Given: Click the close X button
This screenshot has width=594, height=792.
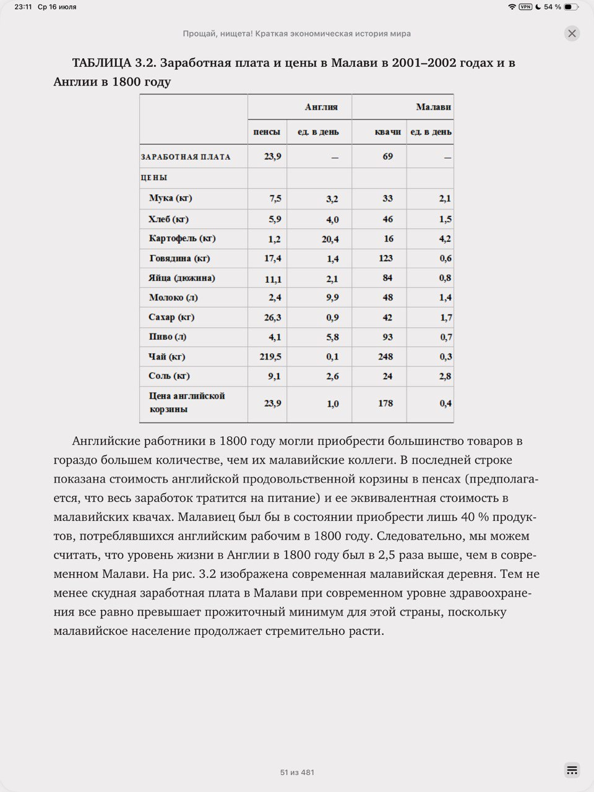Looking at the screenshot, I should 572,33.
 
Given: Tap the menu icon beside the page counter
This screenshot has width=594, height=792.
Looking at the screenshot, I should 572,770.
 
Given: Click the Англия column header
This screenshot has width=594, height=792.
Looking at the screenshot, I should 321,107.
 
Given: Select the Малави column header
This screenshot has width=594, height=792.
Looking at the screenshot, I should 433,107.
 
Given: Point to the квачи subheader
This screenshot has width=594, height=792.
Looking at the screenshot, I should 388,132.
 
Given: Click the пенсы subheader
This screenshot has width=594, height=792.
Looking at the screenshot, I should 267,132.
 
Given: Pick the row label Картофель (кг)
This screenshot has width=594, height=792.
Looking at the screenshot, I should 182,238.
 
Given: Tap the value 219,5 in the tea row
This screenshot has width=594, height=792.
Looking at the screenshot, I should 270,356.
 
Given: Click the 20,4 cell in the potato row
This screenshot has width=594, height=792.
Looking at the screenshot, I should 330,239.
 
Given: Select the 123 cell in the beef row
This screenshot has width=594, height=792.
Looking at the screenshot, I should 385,258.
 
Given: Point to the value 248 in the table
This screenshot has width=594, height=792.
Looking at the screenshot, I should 385,356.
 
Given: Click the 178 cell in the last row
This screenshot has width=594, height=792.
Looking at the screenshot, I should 385,403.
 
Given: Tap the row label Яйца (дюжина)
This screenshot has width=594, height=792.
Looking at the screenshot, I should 182,278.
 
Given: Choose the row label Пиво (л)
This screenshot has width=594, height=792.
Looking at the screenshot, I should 167,337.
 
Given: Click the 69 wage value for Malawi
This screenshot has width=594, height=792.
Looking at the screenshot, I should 387,156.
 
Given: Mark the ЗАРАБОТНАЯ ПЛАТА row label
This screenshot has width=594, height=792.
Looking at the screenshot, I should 186,157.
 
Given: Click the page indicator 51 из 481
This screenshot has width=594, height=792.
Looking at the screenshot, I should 297,772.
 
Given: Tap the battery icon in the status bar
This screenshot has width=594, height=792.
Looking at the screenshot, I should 570,7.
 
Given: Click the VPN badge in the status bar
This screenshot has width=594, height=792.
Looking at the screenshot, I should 525,7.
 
